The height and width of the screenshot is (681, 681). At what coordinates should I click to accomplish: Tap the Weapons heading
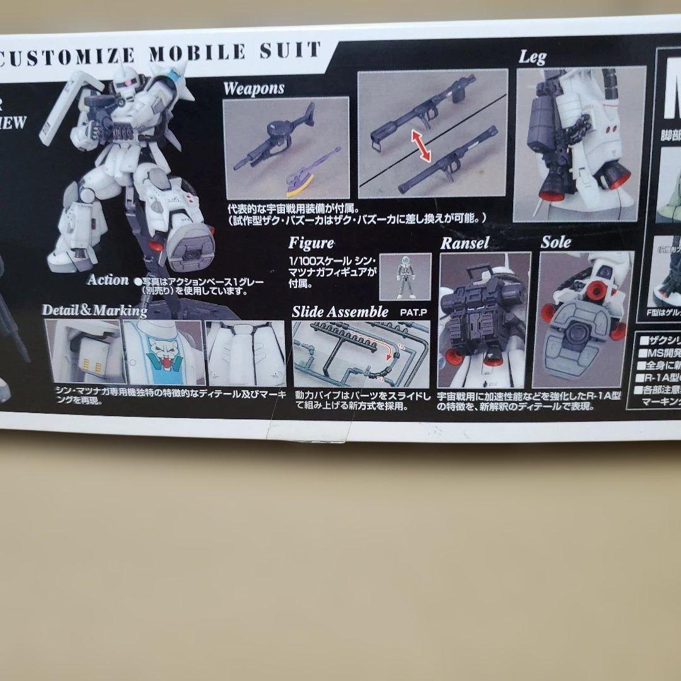pyautogui.click(x=253, y=88)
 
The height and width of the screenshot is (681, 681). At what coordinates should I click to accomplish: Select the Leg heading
pyautogui.click(x=532, y=57)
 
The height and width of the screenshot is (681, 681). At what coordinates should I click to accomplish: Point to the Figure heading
pyautogui.click(x=311, y=243)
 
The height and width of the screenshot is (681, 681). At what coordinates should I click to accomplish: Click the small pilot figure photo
pyautogui.click(x=405, y=276)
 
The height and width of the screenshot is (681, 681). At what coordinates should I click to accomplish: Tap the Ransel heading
pyautogui.click(x=465, y=243)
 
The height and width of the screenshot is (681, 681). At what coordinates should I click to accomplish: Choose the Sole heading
pyautogui.click(x=556, y=242)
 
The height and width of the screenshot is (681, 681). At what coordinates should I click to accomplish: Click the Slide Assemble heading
pyautogui.click(x=340, y=311)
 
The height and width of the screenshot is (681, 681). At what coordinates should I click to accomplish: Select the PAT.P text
pyautogui.click(x=413, y=311)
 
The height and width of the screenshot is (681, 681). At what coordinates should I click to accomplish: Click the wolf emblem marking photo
pyautogui.click(x=163, y=353)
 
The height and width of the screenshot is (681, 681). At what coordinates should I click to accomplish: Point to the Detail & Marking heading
pyautogui.click(x=94, y=310)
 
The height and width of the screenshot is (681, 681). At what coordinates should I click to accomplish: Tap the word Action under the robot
pyautogui.click(x=107, y=280)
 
